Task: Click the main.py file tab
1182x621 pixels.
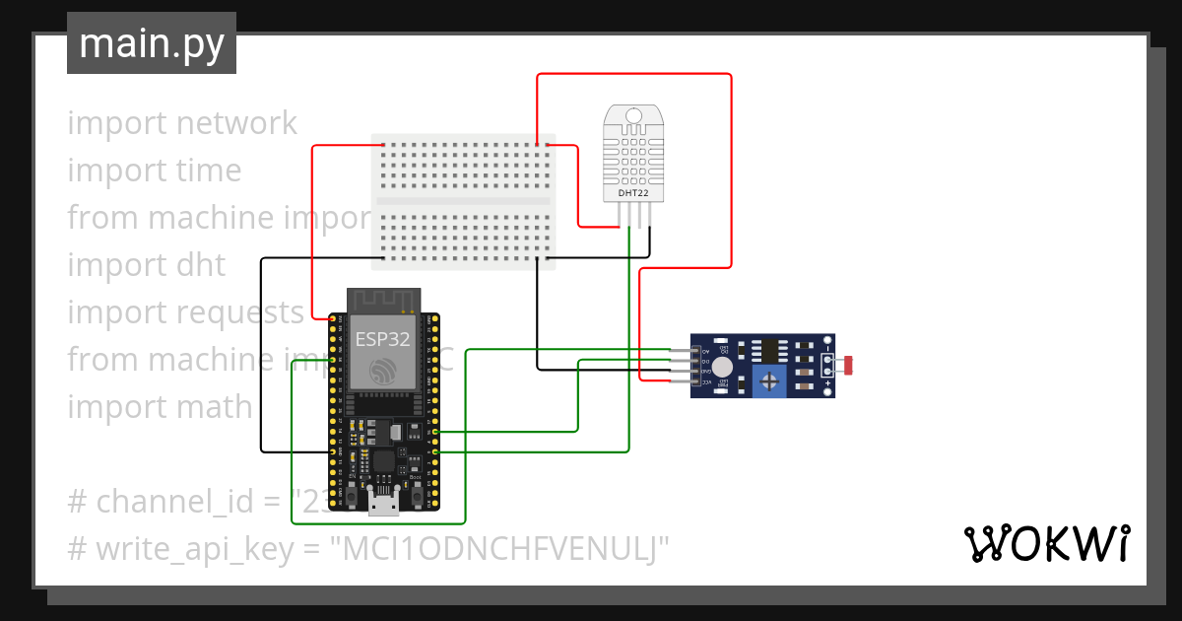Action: pos(151,43)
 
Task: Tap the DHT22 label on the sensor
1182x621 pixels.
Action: pos(633,193)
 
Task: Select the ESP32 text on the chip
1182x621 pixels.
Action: pos(383,338)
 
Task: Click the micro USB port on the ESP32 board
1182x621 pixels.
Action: pos(383,504)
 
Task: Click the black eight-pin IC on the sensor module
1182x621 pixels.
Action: pos(766,349)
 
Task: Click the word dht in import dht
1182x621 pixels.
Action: pos(201,265)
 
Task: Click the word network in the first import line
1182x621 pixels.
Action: pos(236,123)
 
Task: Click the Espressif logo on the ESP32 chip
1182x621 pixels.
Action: pos(383,371)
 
